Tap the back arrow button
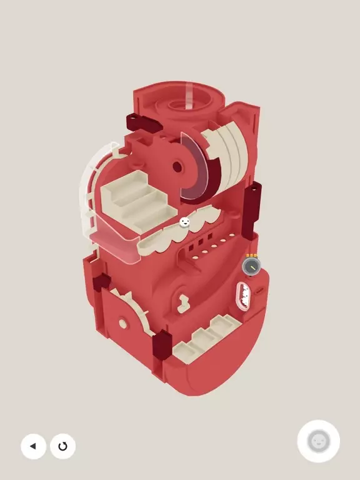[33, 446]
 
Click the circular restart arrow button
[62, 446]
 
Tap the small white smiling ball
[184, 221]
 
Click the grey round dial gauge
[251, 267]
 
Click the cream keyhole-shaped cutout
[182, 302]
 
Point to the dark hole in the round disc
[177, 167]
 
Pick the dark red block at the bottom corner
[162, 346]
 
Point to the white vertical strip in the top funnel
[189, 96]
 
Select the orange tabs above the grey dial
[251, 255]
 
